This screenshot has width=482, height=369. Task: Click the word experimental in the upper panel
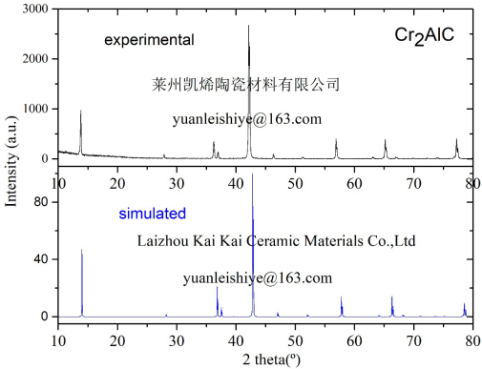click(149, 40)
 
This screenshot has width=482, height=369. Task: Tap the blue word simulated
click(153, 213)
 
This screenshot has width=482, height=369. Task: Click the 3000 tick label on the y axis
click(37, 9)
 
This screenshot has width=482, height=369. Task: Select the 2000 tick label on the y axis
click(37, 59)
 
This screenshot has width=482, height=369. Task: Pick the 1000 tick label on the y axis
click(37, 110)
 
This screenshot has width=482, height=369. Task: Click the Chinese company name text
click(246, 84)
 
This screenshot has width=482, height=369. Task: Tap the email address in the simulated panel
click(258, 278)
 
